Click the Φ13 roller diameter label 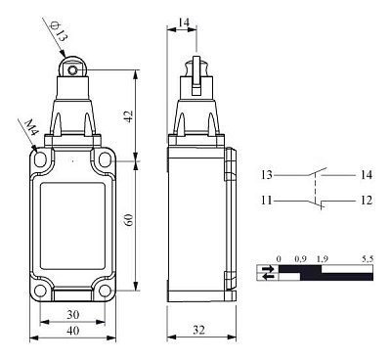[59, 30]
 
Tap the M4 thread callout [31, 127]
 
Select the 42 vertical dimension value [129, 116]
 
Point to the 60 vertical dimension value [129, 220]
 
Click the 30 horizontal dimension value [72, 314]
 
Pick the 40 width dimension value [72, 331]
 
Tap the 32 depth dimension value [198, 330]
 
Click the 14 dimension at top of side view [184, 22]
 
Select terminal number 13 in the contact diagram [267, 175]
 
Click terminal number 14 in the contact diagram [367, 175]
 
